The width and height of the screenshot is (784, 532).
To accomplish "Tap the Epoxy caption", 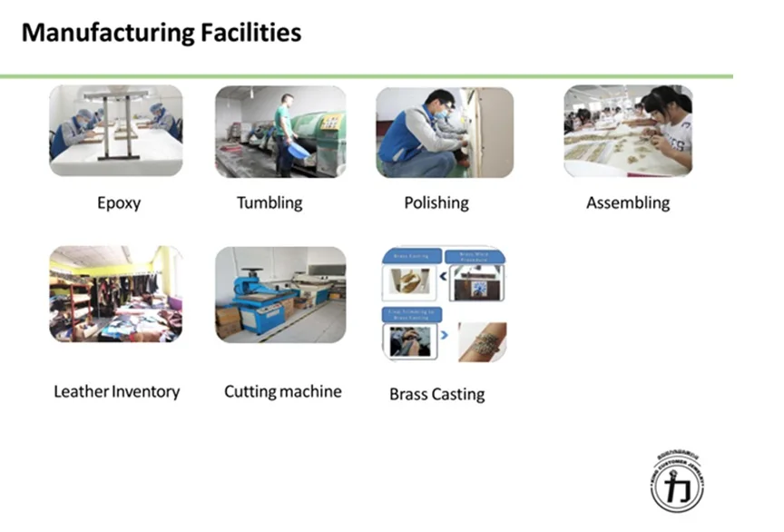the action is [x=119, y=203].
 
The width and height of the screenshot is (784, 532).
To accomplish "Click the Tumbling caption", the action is [x=269, y=203].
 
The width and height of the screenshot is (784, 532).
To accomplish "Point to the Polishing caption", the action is [x=436, y=203].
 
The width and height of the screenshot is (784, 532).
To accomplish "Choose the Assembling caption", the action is [x=628, y=203].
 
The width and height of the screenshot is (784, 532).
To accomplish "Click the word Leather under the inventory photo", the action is [x=81, y=392].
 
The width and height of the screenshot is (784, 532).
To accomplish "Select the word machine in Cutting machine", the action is [x=310, y=392].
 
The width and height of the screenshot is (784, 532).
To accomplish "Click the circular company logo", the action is [x=677, y=478].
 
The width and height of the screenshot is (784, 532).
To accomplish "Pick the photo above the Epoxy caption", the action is [x=115, y=131].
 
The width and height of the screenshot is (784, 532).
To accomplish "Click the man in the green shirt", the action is [x=285, y=132].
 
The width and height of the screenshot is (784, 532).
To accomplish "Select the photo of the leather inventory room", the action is [x=115, y=294].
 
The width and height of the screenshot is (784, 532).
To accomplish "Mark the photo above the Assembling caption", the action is [x=628, y=131].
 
